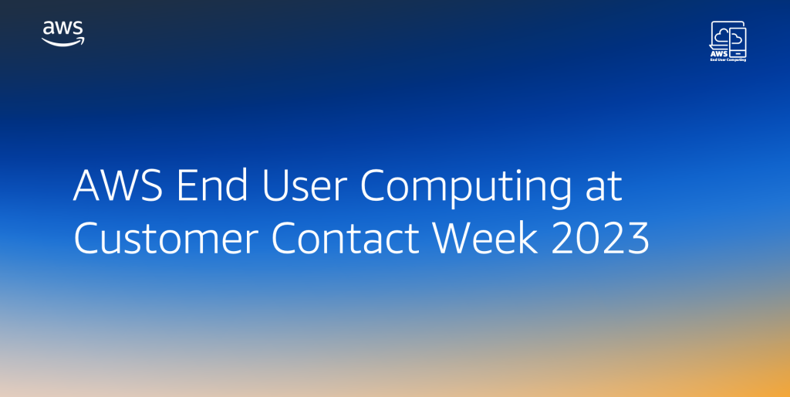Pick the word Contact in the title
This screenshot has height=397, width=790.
coord(343,240)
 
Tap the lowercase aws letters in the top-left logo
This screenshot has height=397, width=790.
coord(63,29)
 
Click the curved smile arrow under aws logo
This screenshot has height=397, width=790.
coord(63,42)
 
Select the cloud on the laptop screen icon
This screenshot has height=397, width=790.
coord(721,36)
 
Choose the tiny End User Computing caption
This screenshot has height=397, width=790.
coord(728,59)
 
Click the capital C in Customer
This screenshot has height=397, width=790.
coord(89,240)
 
